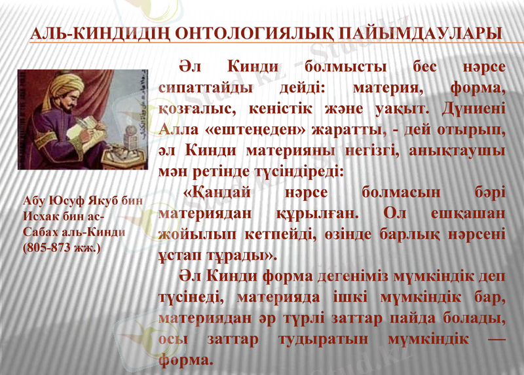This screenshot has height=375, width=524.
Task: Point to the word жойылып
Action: [x=195, y=234]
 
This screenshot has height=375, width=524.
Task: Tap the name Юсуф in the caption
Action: [x=62, y=202]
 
